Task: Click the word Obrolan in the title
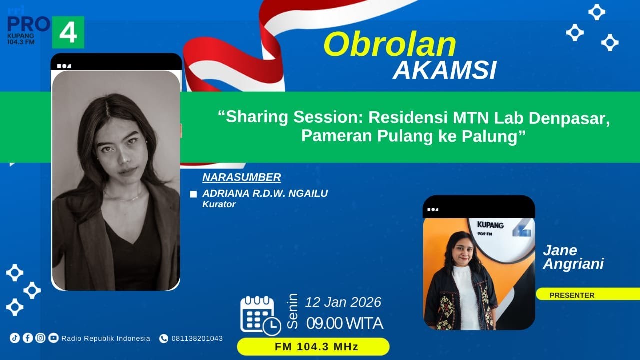(390, 45)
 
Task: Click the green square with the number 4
(68, 32)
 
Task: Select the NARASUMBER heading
(242, 177)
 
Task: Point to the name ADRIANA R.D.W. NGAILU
(265, 193)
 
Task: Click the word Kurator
(219, 204)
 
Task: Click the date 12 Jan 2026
(343, 302)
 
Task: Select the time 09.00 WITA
(345, 323)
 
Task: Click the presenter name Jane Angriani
(573, 257)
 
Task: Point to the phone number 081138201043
(197, 338)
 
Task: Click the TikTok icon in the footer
(15, 338)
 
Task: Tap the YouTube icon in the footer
(53, 338)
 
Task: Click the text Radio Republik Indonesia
(106, 338)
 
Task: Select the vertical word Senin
(293, 311)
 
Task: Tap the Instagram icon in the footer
(40, 338)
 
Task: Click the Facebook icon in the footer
(28, 338)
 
